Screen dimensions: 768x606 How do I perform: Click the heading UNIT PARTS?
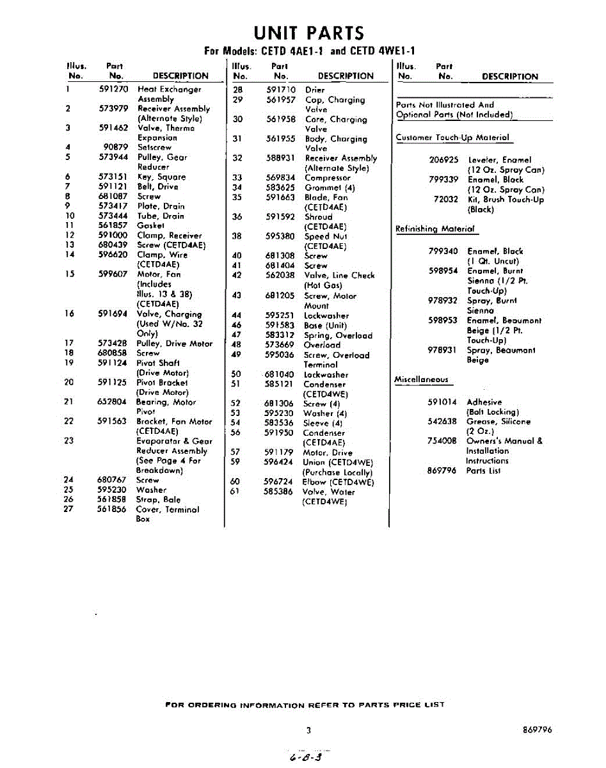click(309, 33)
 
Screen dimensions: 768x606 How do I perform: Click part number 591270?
click(114, 90)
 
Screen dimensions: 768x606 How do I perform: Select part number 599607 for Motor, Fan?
click(113, 275)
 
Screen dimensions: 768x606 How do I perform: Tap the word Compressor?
click(328, 178)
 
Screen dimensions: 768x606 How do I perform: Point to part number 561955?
click(281, 139)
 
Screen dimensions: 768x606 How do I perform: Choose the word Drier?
click(315, 90)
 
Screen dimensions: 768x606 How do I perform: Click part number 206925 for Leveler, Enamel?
click(443, 160)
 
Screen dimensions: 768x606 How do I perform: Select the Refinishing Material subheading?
click(435, 229)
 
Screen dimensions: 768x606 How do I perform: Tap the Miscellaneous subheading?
click(422, 380)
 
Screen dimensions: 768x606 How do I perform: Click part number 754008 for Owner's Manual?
click(442, 441)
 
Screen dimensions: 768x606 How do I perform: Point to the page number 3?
click(308, 730)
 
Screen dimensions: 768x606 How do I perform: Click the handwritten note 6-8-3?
click(305, 756)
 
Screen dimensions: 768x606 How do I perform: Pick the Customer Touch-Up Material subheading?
click(452, 138)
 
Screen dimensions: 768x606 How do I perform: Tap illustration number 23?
click(69, 441)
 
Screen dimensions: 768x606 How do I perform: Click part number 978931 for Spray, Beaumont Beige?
click(442, 350)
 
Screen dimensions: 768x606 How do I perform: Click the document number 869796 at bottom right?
click(537, 730)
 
